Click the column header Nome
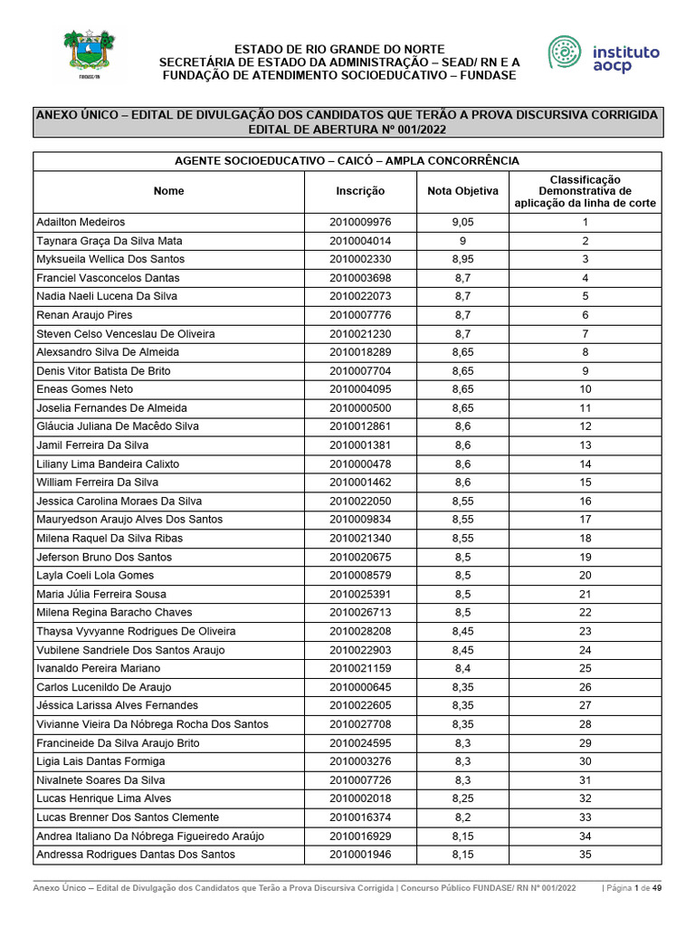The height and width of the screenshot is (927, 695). click(168, 191)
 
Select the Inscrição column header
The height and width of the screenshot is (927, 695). click(360, 191)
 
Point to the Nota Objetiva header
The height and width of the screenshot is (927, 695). click(462, 191)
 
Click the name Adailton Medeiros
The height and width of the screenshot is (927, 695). click(81, 222)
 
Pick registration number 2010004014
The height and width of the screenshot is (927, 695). click(360, 241)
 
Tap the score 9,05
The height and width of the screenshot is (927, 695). click(462, 222)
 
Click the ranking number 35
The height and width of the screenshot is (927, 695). click(585, 855)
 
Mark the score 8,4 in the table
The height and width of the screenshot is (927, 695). click(462, 668)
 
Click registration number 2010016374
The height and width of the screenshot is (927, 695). click(360, 817)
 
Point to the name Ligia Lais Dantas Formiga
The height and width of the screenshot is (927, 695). click(100, 761)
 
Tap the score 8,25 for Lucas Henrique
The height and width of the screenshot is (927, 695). click(462, 798)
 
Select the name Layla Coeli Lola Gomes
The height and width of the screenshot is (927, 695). click(95, 575)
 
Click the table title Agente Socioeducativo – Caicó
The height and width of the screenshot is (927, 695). click(347, 160)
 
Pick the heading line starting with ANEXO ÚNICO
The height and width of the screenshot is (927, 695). click(347, 115)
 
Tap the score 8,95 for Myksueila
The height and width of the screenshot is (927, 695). click(462, 259)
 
